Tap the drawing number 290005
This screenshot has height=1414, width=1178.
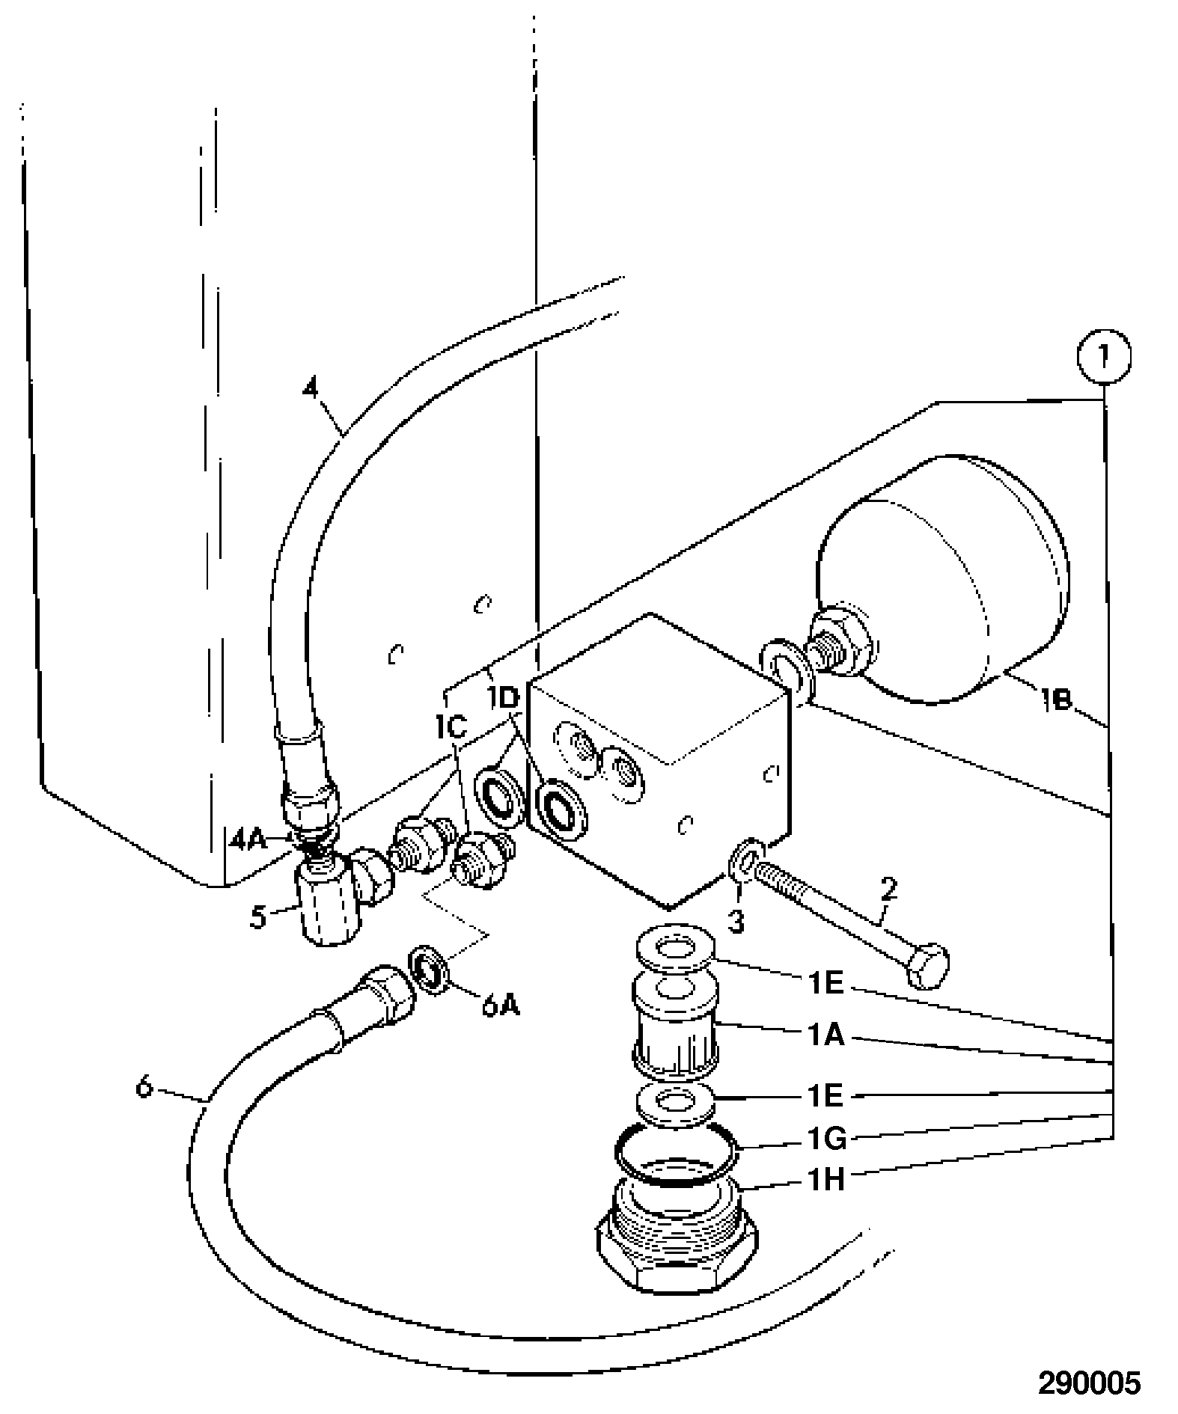(x=1089, y=1383)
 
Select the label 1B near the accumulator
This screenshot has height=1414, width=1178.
(x=1055, y=700)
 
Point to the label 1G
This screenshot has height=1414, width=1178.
(x=825, y=1139)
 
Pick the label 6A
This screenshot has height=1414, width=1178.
(x=501, y=1006)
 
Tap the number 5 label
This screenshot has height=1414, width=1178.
(x=258, y=916)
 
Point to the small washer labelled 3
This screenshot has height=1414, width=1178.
(x=746, y=855)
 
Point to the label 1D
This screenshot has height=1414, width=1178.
(x=504, y=699)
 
